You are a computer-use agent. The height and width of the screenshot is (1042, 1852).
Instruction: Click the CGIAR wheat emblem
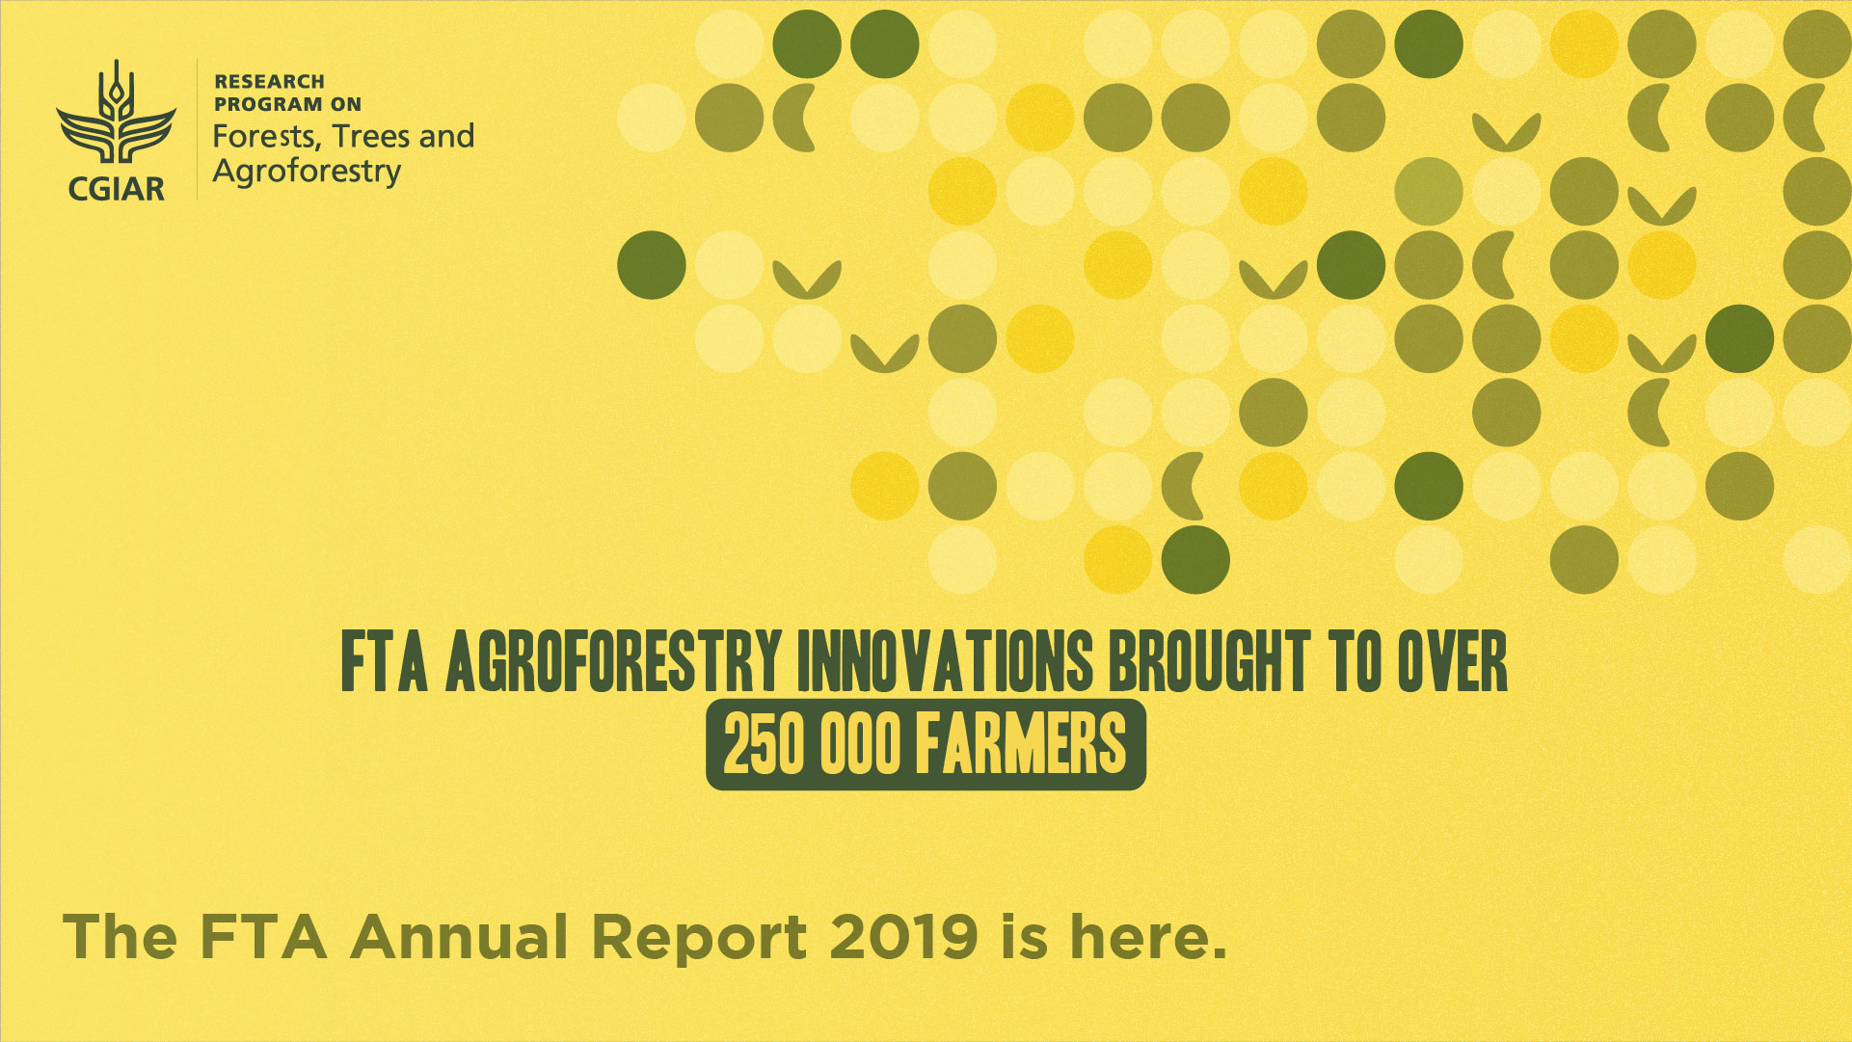[x=117, y=113]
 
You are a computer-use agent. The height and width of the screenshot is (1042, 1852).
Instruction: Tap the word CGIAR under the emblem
[x=117, y=187]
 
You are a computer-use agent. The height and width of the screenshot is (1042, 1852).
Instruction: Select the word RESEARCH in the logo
[x=269, y=82]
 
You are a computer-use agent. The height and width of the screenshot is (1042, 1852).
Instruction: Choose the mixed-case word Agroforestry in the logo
[x=307, y=173]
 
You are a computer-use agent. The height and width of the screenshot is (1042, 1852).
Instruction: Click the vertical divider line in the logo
[x=198, y=129]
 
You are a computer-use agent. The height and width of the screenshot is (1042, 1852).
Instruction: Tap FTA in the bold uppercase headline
[x=384, y=662]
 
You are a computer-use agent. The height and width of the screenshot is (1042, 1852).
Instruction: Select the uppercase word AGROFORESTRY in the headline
[x=613, y=662]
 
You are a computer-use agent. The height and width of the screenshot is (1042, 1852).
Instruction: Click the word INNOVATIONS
[x=946, y=662]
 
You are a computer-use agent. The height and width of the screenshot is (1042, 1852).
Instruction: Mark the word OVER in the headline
[x=1452, y=662]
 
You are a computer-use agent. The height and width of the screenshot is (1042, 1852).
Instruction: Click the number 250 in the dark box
[x=764, y=744]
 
